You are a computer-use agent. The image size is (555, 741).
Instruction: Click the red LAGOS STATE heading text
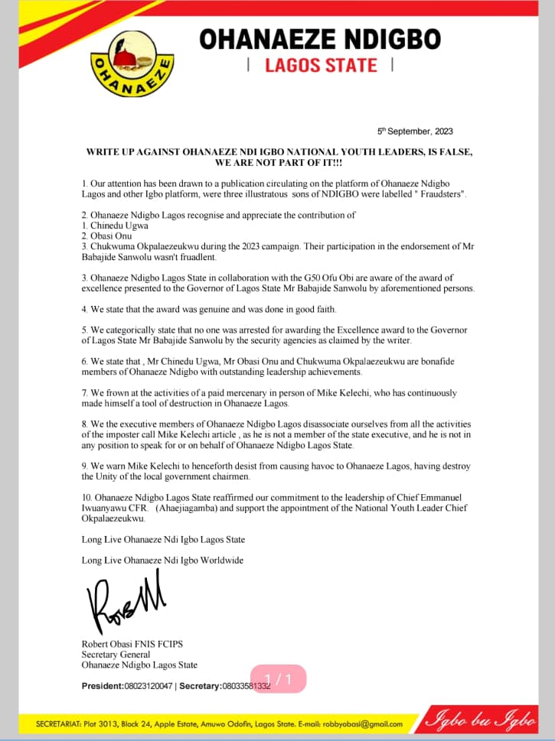click(321, 65)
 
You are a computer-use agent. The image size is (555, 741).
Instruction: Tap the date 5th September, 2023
click(415, 132)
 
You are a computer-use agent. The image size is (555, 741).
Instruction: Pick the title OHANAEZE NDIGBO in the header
click(320, 39)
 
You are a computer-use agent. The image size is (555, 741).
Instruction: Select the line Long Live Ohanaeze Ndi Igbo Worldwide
click(162, 561)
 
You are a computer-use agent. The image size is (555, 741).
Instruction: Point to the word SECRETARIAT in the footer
click(52, 723)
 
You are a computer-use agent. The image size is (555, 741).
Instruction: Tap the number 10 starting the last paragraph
click(87, 496)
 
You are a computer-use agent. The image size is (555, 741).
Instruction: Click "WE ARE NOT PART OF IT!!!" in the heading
click(278, 164)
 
